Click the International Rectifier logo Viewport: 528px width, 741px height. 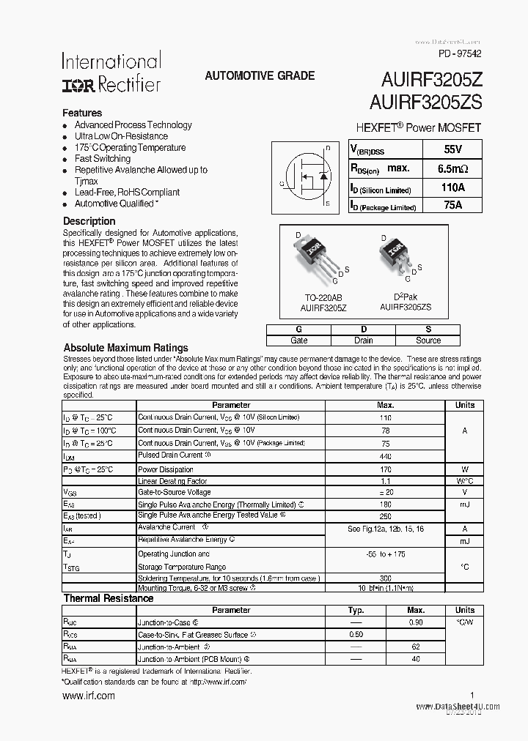[x=111, y=72]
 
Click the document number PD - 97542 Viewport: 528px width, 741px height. [x=460, y=53]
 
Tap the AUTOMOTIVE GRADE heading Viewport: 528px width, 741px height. [x=260, y=75]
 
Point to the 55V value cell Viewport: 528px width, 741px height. [x=453, y=149]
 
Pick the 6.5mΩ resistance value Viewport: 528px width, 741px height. [x=453, y=168]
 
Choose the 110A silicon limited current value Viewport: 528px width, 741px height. [x=453, y=187]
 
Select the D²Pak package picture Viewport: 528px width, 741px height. [x=395, y=256]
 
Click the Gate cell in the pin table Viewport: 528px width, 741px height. [x=299, y=340]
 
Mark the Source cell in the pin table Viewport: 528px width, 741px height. [x=428, y=340]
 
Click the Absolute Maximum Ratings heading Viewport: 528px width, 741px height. [x=125, y=348]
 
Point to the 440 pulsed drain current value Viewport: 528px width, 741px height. [x=385, y=456]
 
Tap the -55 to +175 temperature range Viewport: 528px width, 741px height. [x=385, y=554]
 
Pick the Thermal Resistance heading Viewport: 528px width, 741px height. [x=108, y=598]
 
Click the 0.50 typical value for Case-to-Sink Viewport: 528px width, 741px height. [x=356, y=635]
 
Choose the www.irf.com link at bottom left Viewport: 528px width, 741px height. [x=88, y=696]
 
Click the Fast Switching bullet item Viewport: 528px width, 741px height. [x=103, y=158]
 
